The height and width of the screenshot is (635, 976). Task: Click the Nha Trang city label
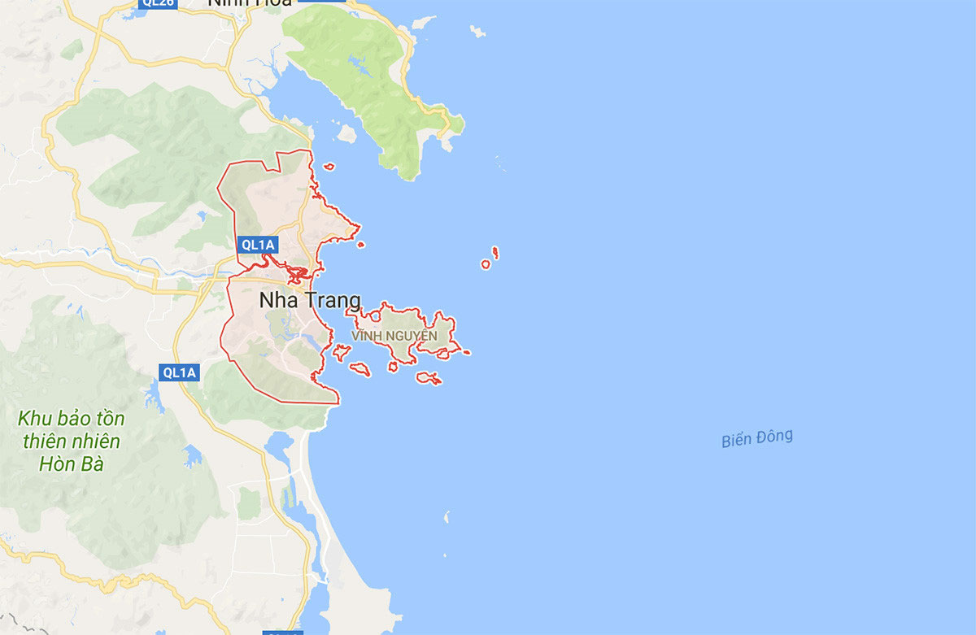[x=310, y=299]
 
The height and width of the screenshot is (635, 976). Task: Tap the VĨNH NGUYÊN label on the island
[x=394, y=336]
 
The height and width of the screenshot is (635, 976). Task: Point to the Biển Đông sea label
[x=756, y=438]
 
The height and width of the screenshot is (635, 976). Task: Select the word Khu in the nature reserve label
[x=36, y=420]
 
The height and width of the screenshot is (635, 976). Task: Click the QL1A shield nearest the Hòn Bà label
[x=179, y=372]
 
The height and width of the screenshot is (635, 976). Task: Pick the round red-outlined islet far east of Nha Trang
[x=486, y=264]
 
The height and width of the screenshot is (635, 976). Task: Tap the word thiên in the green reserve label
[x=43, y=442]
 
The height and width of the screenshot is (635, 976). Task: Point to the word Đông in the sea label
[x=774, y=437]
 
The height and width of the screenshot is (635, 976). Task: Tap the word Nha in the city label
[x=274, y=299]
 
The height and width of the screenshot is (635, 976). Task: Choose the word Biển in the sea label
[x=737, y=441]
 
